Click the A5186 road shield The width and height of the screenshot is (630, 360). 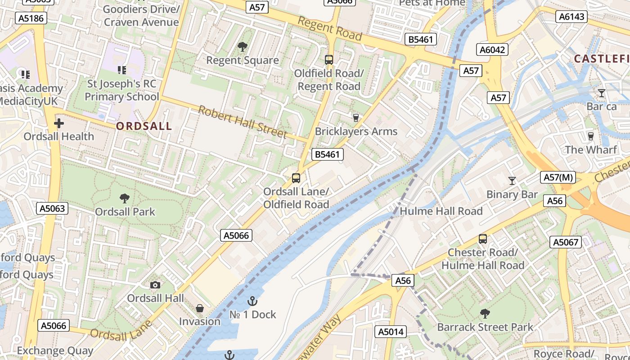(x=31, y=18)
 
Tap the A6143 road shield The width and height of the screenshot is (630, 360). (x=572, y=17)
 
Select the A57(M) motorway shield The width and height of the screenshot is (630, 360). (x=558, y=177)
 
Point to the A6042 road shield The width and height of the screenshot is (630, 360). (x=492, y=49)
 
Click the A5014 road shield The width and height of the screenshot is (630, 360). (x=391, y=332)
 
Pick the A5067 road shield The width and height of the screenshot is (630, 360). (x=566, y=242)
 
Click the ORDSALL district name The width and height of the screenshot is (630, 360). (x=144, y=126)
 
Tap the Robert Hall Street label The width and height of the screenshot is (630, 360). (x=243, y=122)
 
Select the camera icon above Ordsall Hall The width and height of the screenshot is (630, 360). (x=155, y=285)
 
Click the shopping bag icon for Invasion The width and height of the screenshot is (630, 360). (x=200, y=308)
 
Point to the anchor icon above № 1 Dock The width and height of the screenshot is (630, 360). (x=252, y=301)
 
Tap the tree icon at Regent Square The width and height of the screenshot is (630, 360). (x=243, y=46)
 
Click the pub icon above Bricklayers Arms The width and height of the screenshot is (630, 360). (x=356, y=117)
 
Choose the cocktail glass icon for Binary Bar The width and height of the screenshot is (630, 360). (x=512, y=181)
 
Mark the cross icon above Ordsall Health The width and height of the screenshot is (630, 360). (x=59, y=123)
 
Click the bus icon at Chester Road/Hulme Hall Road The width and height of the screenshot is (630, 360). (x=483, y=239)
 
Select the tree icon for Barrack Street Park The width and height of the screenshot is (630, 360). (x=485, y=313)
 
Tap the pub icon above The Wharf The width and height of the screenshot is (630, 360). (x=591, y=136)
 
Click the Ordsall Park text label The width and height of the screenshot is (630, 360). (x=125, y=211)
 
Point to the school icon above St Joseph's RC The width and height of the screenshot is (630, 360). (x=121, y=70)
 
